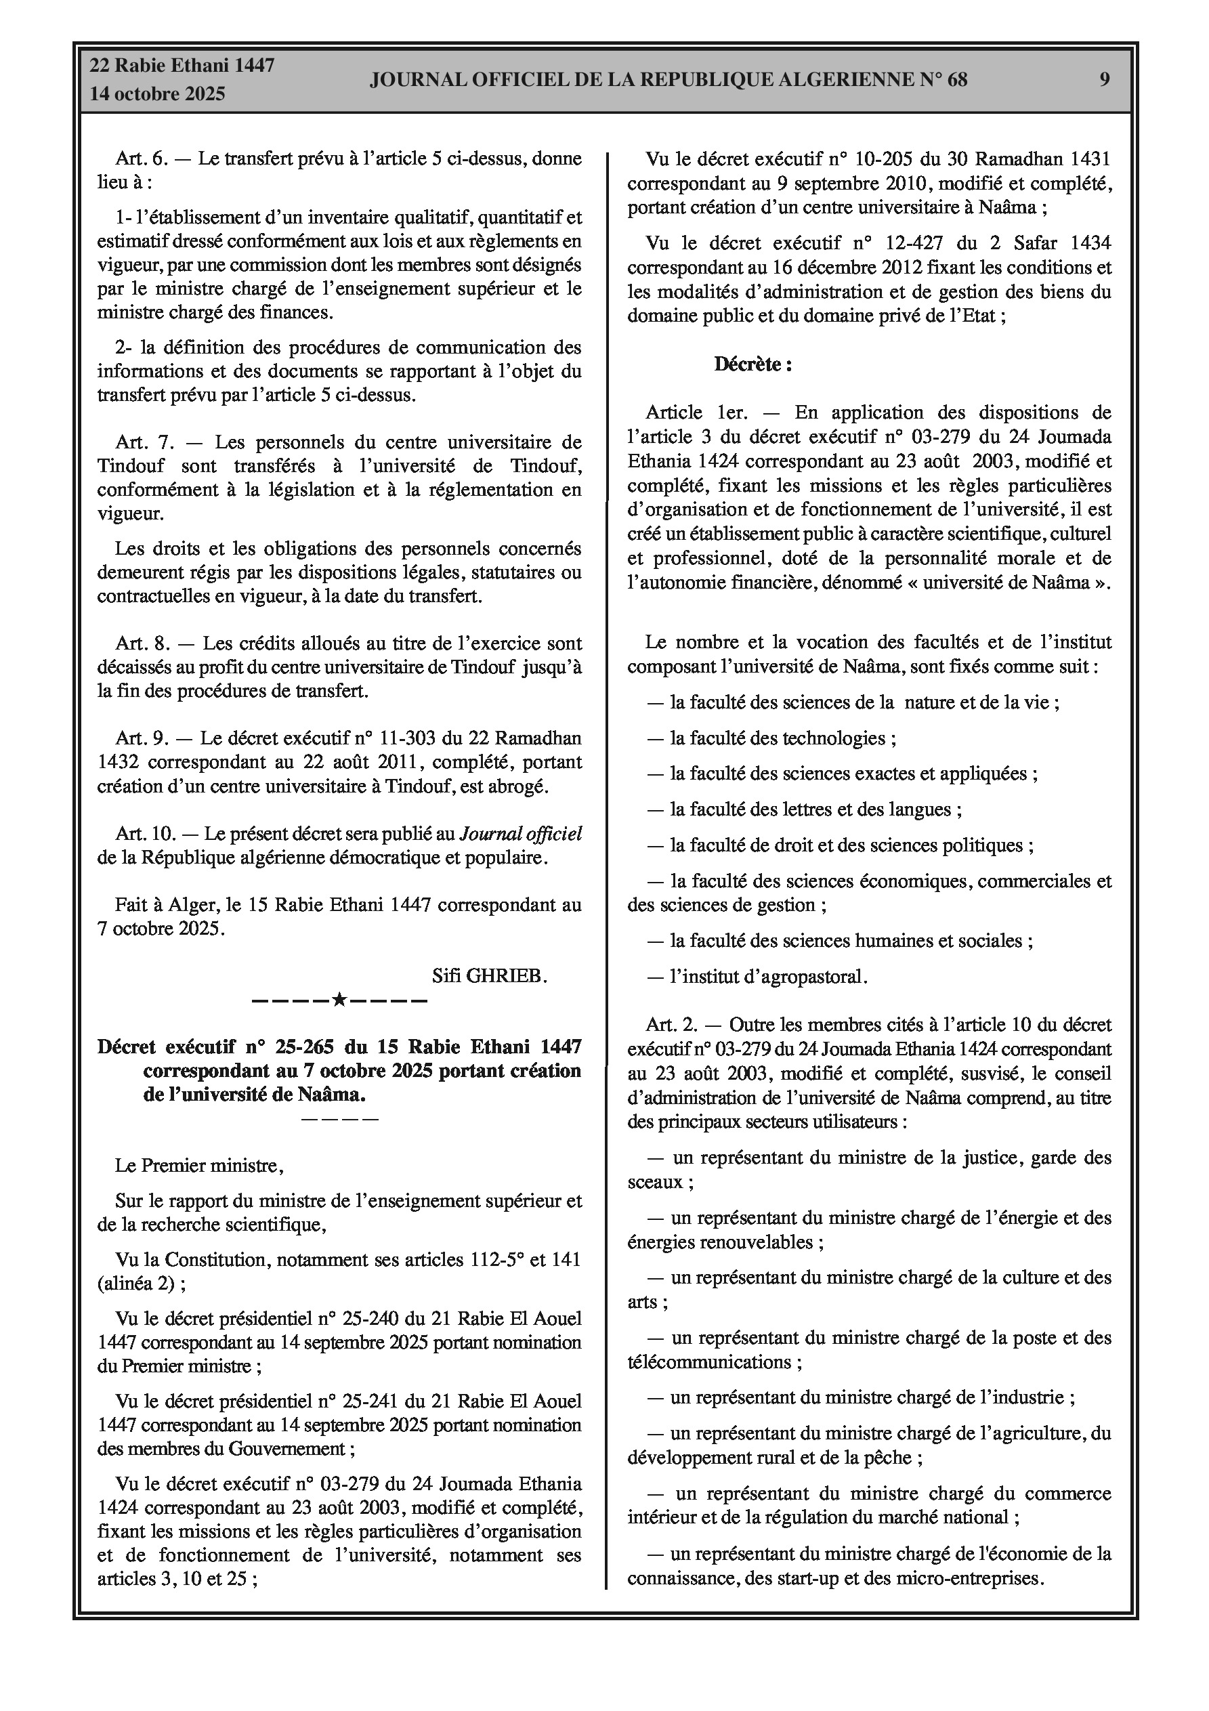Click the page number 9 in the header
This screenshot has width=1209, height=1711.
(1105, 80)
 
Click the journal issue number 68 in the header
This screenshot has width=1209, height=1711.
(957, 80)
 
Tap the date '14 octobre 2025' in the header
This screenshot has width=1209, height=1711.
(157, 94)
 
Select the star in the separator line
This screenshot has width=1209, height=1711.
(339, 999)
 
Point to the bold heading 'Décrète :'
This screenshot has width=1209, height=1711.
(752, 364)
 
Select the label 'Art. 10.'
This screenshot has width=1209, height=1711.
(146, 833)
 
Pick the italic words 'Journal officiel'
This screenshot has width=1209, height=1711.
(520, 833)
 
